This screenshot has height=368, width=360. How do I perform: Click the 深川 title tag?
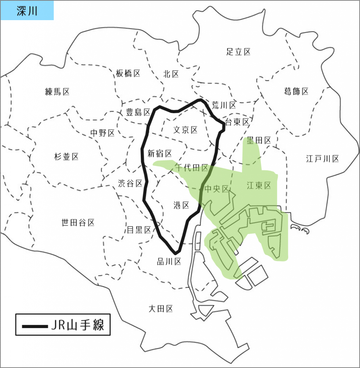click(27, 10)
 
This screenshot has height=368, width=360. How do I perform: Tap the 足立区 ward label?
click(238, 52)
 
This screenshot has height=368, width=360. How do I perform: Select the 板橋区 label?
click(128, 74)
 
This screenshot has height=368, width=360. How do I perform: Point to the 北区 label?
click(171, 74)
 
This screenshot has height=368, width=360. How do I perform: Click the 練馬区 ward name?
click(57, 92)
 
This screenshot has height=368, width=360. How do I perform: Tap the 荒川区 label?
click(223, 105)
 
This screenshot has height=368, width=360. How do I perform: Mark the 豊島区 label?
click(138, 112)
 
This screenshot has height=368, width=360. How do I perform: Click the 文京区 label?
click(185, 130)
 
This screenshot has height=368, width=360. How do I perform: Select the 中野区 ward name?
click(102, 133)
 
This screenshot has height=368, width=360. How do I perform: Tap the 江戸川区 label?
click(322, 158)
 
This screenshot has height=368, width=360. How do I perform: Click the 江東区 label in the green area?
click(259, 185)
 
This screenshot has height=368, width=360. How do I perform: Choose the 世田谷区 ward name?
click(78, 223)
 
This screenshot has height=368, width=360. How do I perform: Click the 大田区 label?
click(161, 308)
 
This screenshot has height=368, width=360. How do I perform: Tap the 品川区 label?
click(169, 262)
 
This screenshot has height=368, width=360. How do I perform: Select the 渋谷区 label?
click(130, 184)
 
